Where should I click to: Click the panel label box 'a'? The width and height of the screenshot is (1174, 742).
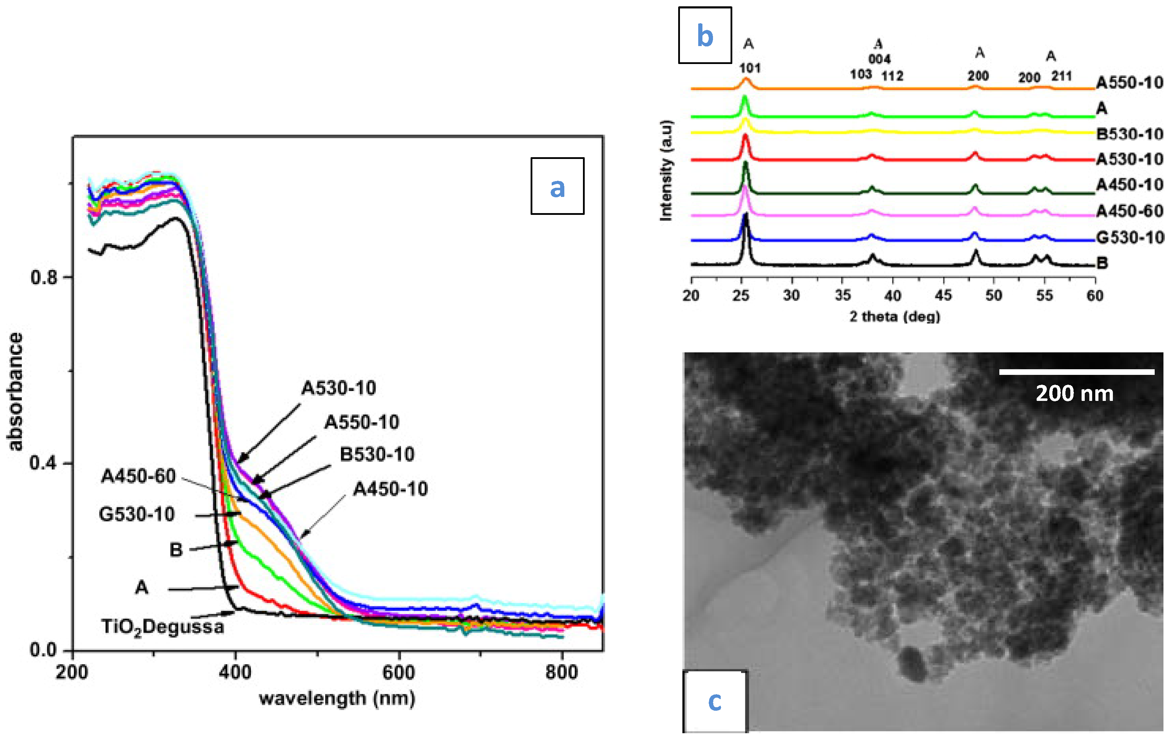(557, 186)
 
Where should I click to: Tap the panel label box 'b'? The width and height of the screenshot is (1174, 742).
(705, 35)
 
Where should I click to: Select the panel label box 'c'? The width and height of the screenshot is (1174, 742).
(715, 701)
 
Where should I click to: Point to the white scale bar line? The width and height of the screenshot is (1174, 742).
(1077, 372)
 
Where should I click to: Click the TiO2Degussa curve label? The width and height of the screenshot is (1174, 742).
(162, 626)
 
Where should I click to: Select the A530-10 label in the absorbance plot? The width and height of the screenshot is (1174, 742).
(338, 388)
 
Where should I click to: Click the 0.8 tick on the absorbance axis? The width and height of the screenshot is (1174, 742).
(44, 277)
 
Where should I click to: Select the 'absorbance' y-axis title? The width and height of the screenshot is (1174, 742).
(15, 392)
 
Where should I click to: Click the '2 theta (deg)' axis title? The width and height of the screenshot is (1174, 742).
(895, 316)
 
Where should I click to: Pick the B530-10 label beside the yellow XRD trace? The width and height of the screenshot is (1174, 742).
(1129, 134)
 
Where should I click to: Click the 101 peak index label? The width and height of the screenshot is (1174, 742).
(750, 68)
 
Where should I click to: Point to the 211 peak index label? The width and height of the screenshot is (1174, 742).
(1061, 76)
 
